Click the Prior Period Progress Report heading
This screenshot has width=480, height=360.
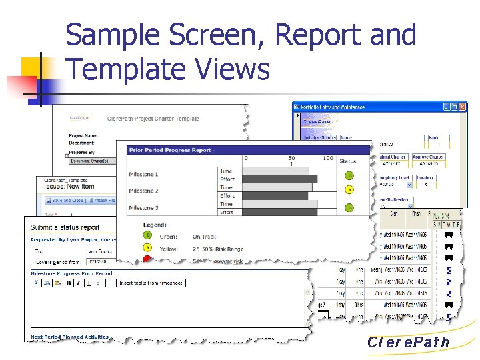click(x=170, y=150)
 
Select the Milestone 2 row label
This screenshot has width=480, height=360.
click(x=143, y=191)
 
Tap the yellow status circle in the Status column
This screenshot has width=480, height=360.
click(x=349, y=189)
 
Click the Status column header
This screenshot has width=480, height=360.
click(x=348, y=161)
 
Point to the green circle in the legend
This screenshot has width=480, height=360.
click(x=147, y=236)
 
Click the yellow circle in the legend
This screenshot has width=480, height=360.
click(x=147, y=248)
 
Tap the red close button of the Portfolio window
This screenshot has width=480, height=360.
click(x=461, y=106)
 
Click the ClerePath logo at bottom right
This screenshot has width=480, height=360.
click(x=408, y=343)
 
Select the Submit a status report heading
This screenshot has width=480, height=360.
click(x=65, y=228)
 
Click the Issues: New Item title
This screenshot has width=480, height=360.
click(x=70, y=187)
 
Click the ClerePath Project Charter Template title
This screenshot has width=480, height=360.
click(x=153, y=119)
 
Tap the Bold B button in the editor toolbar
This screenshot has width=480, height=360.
click(x=68, y=283)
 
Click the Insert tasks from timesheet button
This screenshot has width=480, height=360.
click(x=152, y=283)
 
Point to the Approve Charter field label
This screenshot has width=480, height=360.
click(x=428, y=157)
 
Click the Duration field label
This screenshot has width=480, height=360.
click(x=425, y=178)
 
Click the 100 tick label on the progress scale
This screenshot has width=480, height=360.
click(x=328, y=158)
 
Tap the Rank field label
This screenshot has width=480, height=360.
click(x=433, y=138)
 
